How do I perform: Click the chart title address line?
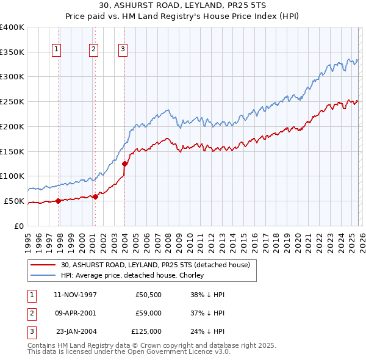click(x=183, y=7)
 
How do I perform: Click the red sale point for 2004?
click(x=124, y=164)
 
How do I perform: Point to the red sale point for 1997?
click(x=59, y=200)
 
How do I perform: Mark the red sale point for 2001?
click(x=96, y=196)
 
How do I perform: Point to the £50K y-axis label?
click(x=14, y=201)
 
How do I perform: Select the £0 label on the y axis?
click(x=18, y=226)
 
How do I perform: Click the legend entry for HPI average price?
click(x=137, y=275)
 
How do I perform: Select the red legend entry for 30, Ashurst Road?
click(x=155, y=265)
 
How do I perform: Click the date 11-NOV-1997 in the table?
click(x=76, y=295)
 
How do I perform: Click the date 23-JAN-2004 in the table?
click(x=76, y=331)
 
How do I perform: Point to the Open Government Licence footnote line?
click(x=129, y=352)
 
